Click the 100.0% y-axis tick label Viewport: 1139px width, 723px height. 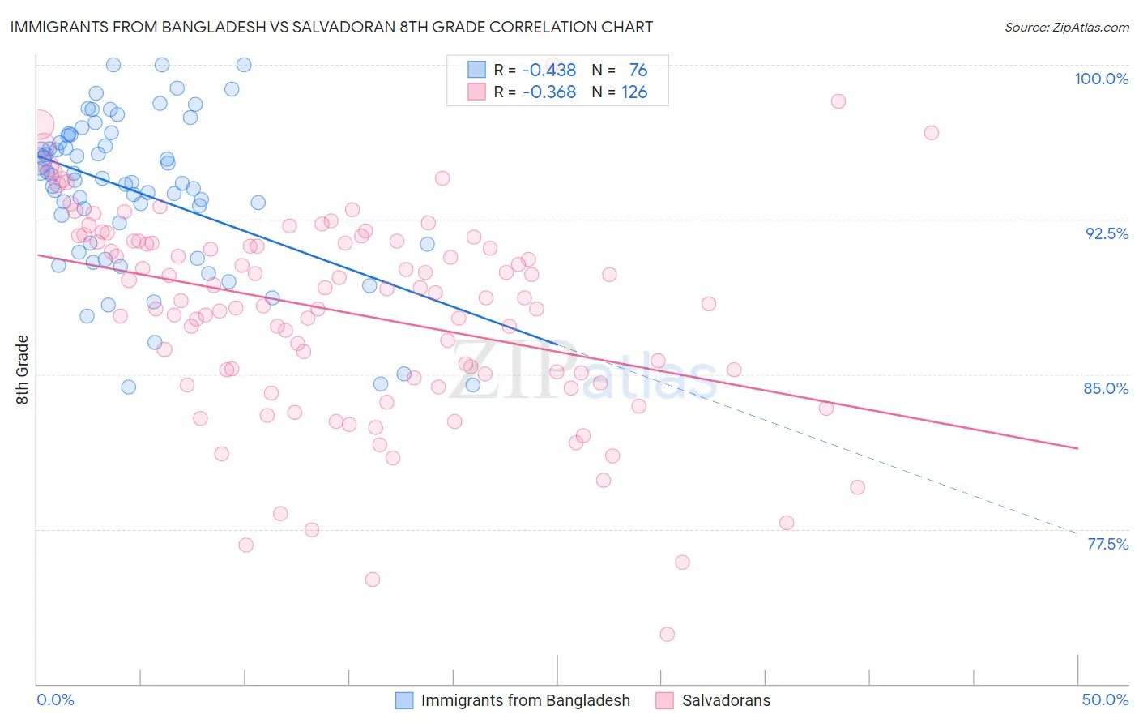(1101, 79)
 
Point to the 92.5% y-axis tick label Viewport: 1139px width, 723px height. (1107, 233)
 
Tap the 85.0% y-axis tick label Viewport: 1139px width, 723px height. (1106, 388)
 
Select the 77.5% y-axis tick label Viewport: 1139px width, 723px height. (1107, 544)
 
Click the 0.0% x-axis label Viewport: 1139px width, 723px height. (56, 699)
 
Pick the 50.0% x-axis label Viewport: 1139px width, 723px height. (1105, 699)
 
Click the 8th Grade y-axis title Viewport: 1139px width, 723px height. (23, 370)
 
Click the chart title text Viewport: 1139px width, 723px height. (331, 28)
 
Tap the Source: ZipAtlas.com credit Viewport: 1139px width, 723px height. (1066, 28)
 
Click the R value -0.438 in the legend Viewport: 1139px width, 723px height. (548, 71)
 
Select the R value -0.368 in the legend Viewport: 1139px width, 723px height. (548, 92)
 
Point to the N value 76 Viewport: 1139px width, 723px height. (638, 71)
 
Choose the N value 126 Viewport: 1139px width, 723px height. (633, 92)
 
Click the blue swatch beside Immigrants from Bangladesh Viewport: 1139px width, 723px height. (404, 700)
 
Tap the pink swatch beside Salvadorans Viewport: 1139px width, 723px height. (665, 700)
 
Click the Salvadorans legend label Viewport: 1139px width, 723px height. (726, 700)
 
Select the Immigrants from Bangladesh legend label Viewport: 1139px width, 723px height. (525, 700)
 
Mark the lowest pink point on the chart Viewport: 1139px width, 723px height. (668, 634)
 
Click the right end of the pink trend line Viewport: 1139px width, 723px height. (1077, 448)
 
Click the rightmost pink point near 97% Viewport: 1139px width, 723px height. (932, 133)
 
